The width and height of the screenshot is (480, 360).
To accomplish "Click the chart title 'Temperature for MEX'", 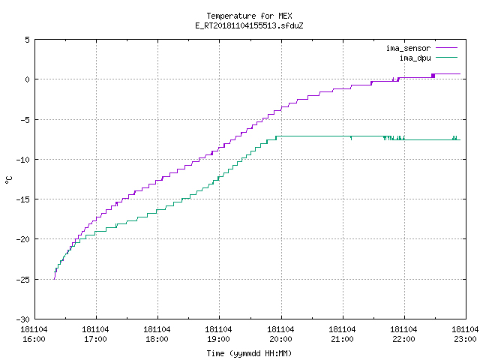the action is coord(249,16).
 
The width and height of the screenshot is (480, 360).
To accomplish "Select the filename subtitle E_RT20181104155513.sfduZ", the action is coord(249,25).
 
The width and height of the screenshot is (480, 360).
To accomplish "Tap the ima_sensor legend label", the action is coord(408,48).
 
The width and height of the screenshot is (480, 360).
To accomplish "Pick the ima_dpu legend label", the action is coord(415,58).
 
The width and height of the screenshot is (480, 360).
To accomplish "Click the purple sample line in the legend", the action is coord(446,48).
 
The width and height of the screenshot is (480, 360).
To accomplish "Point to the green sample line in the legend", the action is coord(446,57).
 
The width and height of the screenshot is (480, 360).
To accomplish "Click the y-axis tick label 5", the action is coord(28,40).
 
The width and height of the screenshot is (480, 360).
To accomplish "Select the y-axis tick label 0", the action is coord(28,79).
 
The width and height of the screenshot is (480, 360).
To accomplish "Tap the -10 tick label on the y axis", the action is coord(23,160).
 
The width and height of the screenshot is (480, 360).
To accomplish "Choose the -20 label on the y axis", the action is coord(23,239).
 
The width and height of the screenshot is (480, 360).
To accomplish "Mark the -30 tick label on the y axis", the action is coord(23,319).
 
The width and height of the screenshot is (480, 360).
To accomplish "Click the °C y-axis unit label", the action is coord(8,180).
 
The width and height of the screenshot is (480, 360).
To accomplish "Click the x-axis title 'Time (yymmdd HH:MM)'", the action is coord(249,353).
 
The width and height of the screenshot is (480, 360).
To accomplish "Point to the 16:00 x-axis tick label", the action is coord(34,339).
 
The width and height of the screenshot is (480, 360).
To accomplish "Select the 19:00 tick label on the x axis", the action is coord(218,339).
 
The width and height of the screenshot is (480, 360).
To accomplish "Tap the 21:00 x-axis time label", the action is coord(342,339).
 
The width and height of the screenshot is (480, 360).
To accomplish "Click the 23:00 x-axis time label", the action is coord(465,339).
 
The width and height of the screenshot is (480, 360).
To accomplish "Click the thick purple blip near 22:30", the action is coord(433,76).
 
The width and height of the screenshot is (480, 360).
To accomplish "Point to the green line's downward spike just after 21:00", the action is coord(351,138).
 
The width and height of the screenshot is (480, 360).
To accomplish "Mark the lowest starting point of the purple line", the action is coord(54,279).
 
